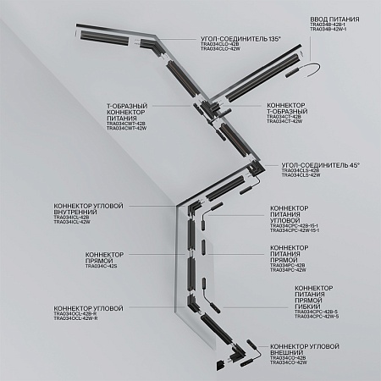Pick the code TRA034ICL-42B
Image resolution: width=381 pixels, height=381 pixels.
tap(72, 218)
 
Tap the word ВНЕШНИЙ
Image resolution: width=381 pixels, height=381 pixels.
tap(289, 353)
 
